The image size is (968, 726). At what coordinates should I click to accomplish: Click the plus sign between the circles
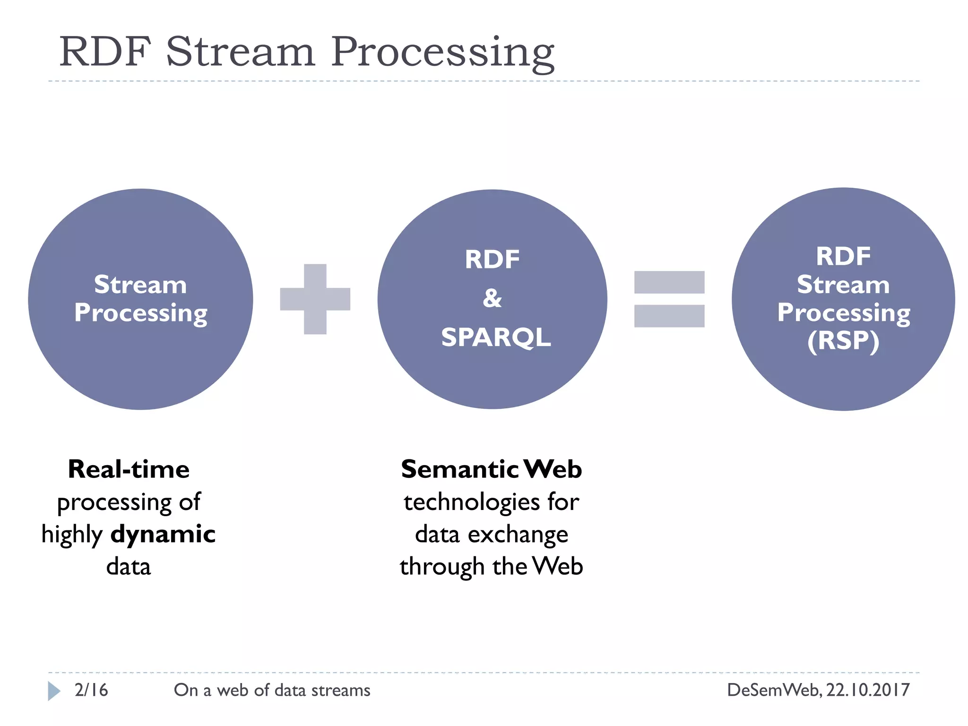tap(315, 299)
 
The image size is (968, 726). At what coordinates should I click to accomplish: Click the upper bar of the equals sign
tap(669, 282)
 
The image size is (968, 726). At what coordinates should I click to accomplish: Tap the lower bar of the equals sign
tap(669, 316)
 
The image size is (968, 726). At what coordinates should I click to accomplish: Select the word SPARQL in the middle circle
tap(496, 337)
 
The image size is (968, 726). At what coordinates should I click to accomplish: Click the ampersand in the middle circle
tap(492, 298)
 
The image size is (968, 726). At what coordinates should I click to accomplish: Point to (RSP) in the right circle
tap(843, 341)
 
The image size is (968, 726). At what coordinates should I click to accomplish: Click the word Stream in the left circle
tap(140, 285)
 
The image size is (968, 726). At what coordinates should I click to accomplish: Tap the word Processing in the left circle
tap(140, 313)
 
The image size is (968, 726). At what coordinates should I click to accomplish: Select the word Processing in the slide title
tap(442, 53)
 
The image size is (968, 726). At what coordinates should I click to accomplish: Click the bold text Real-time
tap(129, 469)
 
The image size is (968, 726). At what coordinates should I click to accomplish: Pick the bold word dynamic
tap(163, 534)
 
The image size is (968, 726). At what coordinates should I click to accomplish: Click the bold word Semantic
tap(459, 469)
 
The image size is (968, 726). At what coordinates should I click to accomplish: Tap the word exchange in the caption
tap(518, 535)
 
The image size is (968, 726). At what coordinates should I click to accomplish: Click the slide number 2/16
tap(91, 690)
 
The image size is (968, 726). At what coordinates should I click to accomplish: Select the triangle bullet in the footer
tap(54, 691)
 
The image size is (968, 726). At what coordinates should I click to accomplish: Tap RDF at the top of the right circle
tap(843, 257)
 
